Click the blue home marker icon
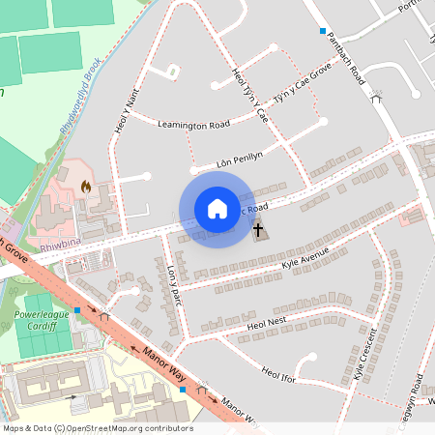click(x=217, y=209)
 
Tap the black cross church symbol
click(x=258, y=230)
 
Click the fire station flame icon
click(x=86, y=186)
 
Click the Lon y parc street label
click(x=174, y=286)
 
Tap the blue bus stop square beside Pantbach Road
click(x=323, y=32)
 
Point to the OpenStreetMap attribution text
click(x=98, y=428)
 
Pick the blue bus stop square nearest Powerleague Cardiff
click(x=77, y=311)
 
